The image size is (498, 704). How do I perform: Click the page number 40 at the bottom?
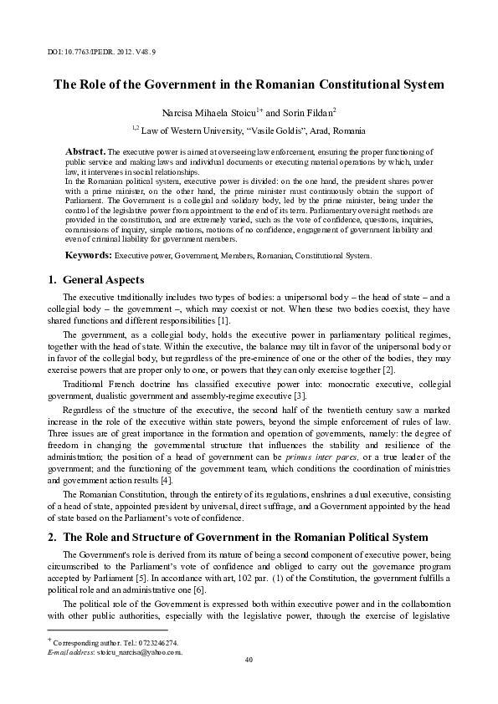point(249,661)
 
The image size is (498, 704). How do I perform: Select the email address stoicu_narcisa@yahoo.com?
point(140,651)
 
